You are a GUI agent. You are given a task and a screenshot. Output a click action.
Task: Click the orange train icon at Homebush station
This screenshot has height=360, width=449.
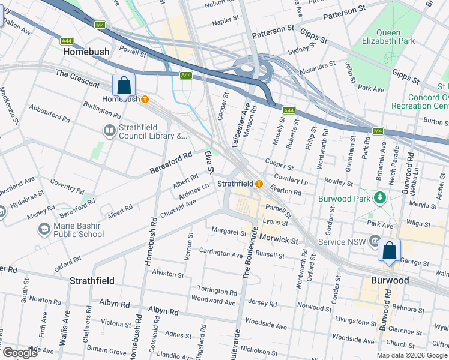[145, 99]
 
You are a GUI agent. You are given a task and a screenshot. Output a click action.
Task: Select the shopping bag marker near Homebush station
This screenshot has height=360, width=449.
[124, 86]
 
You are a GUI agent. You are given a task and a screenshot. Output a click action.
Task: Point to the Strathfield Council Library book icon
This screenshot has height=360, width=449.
[109, 131]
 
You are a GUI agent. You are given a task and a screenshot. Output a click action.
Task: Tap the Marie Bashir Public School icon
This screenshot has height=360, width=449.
[44, 229]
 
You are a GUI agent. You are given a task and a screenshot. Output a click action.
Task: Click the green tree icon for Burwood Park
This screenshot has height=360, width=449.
[379, 197]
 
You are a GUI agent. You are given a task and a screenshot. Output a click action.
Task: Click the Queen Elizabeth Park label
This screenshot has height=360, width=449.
[388, 37]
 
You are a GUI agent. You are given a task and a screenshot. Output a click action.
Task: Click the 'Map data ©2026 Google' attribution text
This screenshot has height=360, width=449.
[412, 355]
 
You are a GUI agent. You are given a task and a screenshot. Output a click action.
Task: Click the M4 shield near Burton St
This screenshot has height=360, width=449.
[378, 131]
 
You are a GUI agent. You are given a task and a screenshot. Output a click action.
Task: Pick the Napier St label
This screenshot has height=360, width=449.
[226, 20]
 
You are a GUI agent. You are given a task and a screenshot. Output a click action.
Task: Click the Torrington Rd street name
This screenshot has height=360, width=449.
[217, 290]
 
